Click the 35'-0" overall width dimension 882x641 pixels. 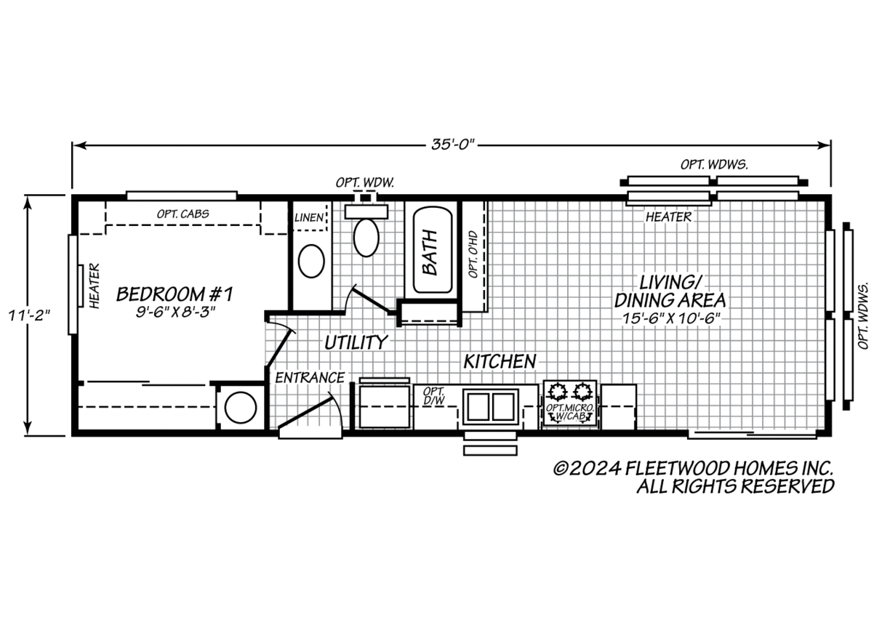(x=452, y=145)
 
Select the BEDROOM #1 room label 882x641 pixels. (x=175, y=294)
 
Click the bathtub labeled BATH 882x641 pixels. (x=432, y=251)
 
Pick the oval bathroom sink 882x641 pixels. (x=311, y=261)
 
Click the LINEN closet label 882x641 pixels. (x=309, y=217)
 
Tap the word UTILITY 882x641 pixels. (x=356, y=342)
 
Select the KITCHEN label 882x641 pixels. (x=500, y=360)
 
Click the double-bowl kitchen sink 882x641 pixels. (x=490, y=406)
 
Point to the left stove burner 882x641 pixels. (x=558, y=392)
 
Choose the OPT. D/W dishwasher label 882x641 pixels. (x=433, y=395)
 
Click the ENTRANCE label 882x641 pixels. (x=309, y=378)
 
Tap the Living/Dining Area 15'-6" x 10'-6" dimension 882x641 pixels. (x=670, y=318)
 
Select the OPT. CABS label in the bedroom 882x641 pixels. (x=183, y=214)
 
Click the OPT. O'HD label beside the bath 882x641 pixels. (x=473, y=254)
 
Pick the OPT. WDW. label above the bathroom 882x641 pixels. (x=364, y=182)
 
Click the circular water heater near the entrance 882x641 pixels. (x=240, y=408)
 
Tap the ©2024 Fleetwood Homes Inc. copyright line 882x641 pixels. (x=693, y=468)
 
